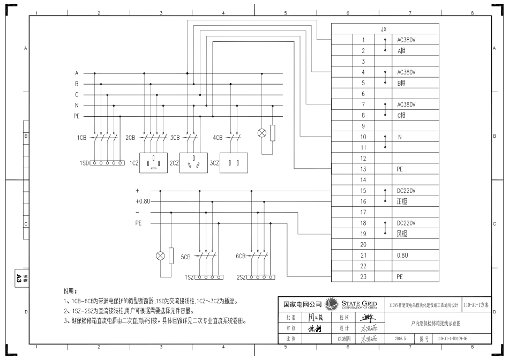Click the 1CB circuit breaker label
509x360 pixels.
tap(81, 138)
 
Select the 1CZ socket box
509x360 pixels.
tap(153, 162)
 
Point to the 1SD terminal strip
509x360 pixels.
tap(107, 162)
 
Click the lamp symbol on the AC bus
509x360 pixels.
tap(262, 133)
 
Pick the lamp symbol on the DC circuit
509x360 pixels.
tap(160, 256)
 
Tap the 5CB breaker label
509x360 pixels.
tap(185, 257)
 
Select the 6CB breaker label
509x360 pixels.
tap(240, 257)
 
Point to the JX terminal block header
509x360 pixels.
tap(384, 29)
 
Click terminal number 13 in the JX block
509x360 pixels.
tap(363, 169)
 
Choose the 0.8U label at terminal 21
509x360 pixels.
tap(402, 256)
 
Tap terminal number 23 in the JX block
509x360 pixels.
tap(363, 277)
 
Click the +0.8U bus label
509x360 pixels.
tap(143, 201)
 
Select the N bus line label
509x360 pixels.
tap(77, 106)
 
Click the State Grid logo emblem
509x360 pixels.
tap(331, 305)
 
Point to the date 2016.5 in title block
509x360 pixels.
tap(401, 339)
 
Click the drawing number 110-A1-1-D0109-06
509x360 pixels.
tap(452, 339)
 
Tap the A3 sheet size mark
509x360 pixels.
tap(19, 277)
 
